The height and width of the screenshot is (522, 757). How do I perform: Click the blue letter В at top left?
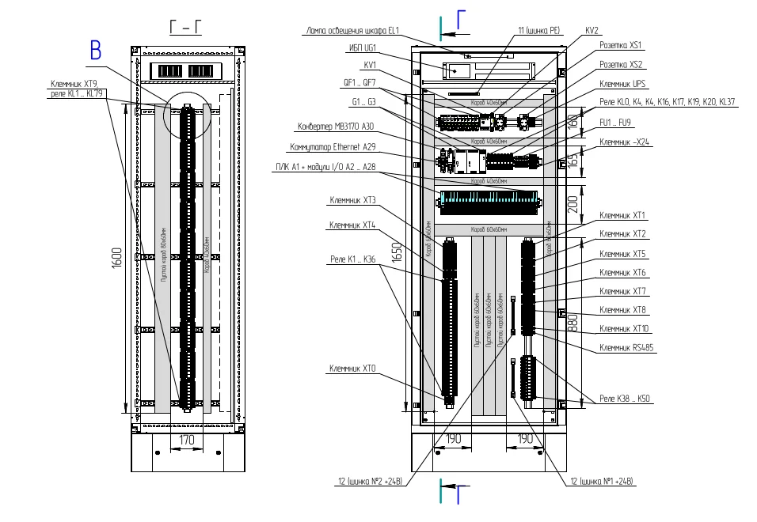pyautogui.click(x=96, y=51)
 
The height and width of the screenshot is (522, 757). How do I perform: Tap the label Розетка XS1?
pyautogui.click(x=621, y=46)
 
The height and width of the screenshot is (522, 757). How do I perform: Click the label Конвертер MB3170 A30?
pyautogui.click(x=336, y=127)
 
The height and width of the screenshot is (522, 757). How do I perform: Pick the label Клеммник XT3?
pyautogui.click(x=352, y=200)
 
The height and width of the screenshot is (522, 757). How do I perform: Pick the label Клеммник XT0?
pyautogui.click(x=352, y=369)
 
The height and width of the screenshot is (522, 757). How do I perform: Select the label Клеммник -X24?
pyautogui.click(x=624, y=142)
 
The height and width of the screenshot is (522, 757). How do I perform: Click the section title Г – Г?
pyautogui.click(x=186, y=29)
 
